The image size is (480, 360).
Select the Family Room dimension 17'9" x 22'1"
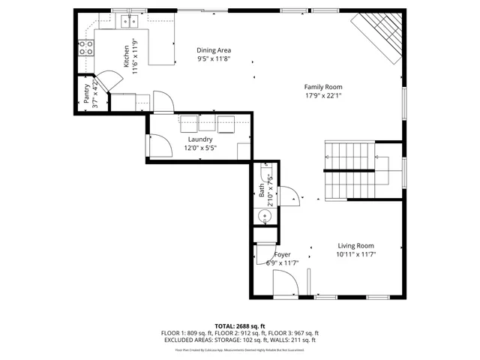click(323, 95)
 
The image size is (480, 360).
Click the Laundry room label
click(200, 139)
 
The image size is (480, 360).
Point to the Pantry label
click(87, 94)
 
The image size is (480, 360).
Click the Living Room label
click(355, 245)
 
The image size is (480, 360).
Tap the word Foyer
click(282, 254)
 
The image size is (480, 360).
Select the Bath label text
click(262, 193)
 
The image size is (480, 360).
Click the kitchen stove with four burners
click(86, 49)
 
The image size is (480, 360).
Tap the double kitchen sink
click(128, 21)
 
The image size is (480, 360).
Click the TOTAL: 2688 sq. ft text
click(239, 326)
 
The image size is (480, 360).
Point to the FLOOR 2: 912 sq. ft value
click(239, 333)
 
